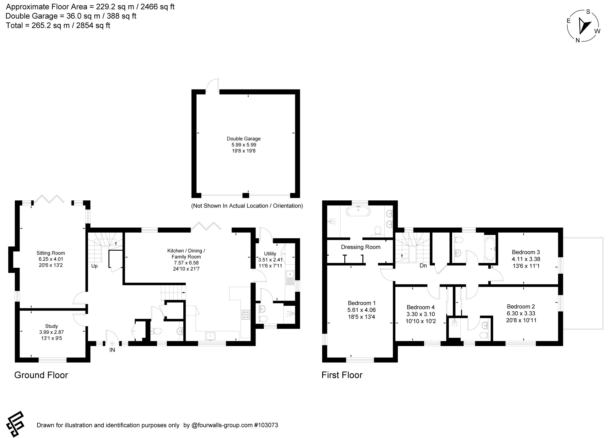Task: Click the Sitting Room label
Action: (x=51, y=253)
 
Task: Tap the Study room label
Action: (x=52, y=326)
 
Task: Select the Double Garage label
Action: (x=243, y=139)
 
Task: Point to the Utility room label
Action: (x=270, y=253)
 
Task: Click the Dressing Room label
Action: (x=361, y=247)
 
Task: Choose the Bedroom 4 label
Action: (x=420, y=307)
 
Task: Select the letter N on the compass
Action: (x=577, y=40)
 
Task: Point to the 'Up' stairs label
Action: (x=94, y=266)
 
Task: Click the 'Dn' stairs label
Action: (x=423, y=266)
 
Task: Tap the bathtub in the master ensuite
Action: (x=358, y=211)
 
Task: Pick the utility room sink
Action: (x=290, y=278)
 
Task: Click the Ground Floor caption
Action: (x=41, y=375)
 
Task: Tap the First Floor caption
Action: (x=342, y=375)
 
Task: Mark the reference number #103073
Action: (x=266, y=425)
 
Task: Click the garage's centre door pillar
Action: (x=246, y=195)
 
